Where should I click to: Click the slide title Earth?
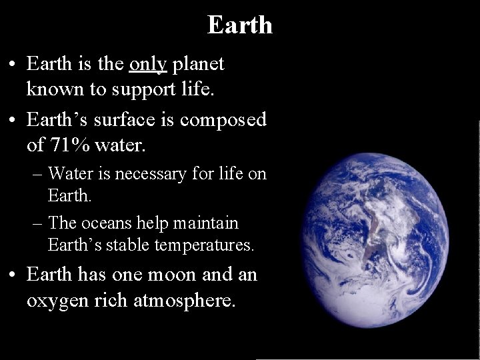(x=239, y=25)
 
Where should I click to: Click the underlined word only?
(x=148, y=64)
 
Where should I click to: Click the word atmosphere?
(x=184, y=301)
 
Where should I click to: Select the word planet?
(x=198, y=65)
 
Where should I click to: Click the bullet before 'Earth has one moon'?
(x=13, y=275)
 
